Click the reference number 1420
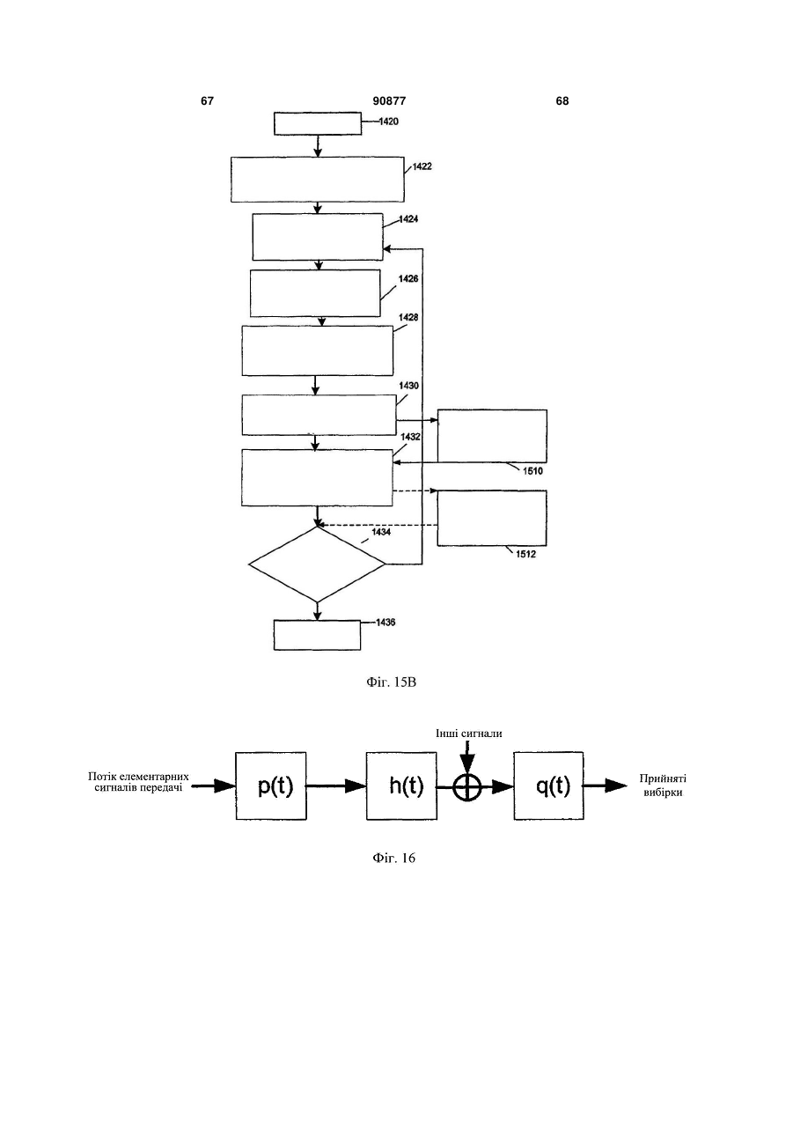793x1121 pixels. point(389,122)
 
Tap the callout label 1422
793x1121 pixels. point(422,166)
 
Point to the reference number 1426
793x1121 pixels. point(408,279)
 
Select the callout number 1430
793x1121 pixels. point(408,386)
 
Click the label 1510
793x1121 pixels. point(532,471)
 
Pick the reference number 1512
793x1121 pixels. point(525,554)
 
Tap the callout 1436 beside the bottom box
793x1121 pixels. point(385,622)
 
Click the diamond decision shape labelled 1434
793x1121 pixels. point(317,564)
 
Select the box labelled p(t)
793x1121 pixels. point(271,785)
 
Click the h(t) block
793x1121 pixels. point(401,785)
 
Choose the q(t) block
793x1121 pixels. point(549,785)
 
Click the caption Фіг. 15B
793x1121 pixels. point(392,682)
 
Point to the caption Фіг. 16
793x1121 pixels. point(393,858)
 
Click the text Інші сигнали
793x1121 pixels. point(469,734)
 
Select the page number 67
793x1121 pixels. point(207,101)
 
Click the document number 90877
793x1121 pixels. point(389,101)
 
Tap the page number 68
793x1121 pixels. point(562,101)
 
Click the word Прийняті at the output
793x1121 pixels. point(663,778)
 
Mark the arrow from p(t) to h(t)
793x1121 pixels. point(336,786)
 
